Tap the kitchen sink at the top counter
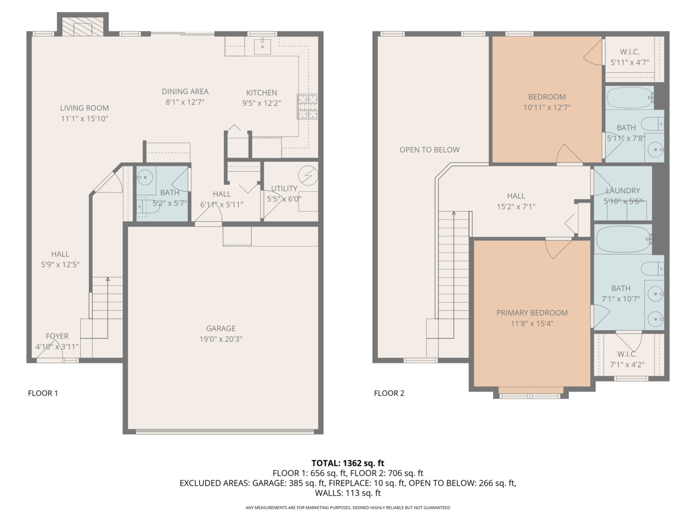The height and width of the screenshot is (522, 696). click(x=262, y=46)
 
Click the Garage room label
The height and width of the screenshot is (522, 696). click(x=221, y=329)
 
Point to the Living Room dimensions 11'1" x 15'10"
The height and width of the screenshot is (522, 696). click(x=85, y=119)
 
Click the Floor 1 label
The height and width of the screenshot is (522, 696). click(x=43, y=393)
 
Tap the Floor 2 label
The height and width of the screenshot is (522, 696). click(x=389, y=393)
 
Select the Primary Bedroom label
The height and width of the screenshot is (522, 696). click(x=532, y=313)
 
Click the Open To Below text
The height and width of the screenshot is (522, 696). click(x=429, y=150)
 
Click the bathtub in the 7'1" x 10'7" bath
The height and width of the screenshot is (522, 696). click(x=623, y=239)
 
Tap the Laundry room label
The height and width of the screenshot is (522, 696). click(x=623, y=191)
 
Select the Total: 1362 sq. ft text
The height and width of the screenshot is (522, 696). click(x=348, y=463)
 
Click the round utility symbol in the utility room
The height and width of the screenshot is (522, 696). click(x=308, y=175)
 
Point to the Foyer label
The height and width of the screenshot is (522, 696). click(x=57, y=336)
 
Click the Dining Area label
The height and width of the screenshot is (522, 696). click(x=185, y=91)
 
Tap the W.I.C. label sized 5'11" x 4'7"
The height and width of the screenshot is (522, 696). click(x=629, y=52)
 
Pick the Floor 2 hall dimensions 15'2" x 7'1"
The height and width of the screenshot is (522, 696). click(x=516, y=207)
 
